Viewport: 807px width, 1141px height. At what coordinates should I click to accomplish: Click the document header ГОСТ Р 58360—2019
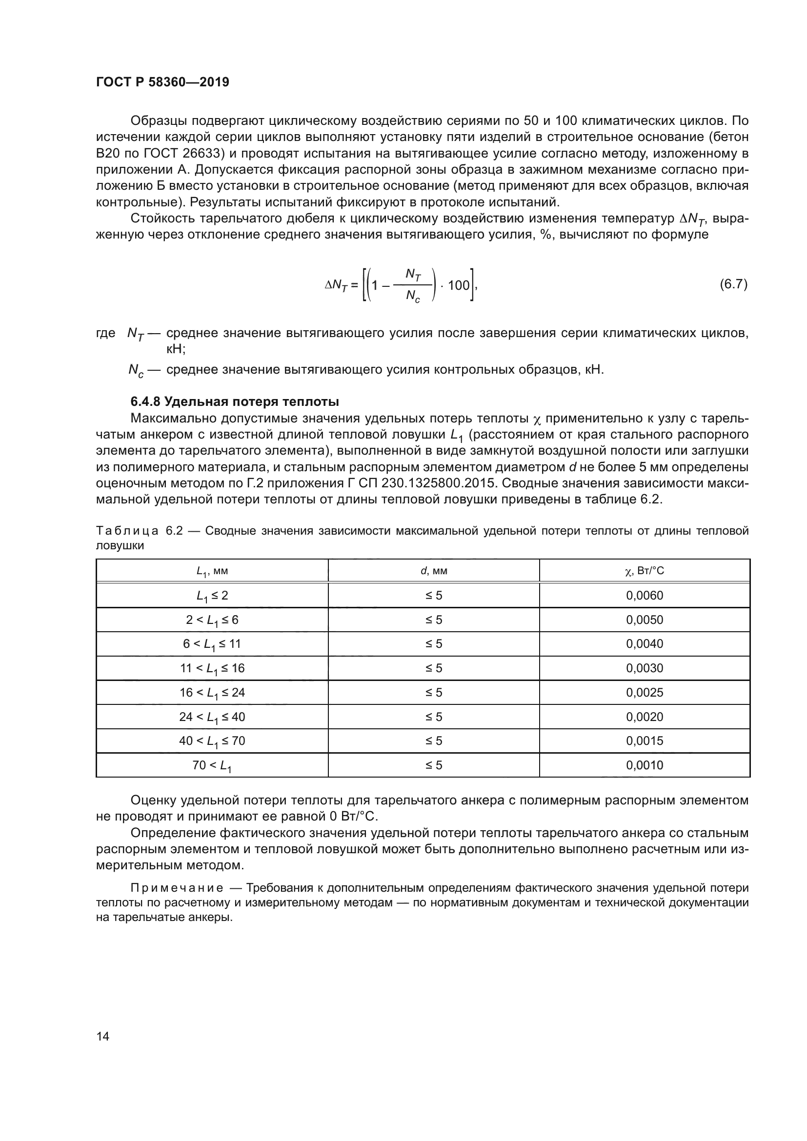(x=162, y=82)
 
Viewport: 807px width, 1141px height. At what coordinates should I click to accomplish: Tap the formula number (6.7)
(x=733, y=284)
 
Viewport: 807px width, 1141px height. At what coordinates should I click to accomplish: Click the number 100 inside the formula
(x=458, y=286)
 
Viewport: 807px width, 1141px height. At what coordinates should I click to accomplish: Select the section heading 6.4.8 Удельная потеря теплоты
(x=235, y=401)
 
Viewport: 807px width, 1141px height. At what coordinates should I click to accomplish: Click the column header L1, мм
(x=212, y=571)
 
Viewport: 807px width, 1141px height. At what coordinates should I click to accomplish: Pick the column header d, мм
(x=434, y=571)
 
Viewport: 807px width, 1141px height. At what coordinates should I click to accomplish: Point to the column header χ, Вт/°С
(x=645, y=571)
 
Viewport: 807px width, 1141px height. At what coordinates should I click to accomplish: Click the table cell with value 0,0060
(x=645, y=595)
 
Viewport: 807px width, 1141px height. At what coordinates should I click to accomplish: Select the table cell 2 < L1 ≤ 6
(x=212, y=620)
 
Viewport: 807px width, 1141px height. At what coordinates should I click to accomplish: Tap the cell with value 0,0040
(x=645, y=643)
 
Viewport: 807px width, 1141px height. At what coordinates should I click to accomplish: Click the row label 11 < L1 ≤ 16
(x=212, y=668)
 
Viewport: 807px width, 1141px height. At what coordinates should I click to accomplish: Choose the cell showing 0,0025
(x=645, y=692)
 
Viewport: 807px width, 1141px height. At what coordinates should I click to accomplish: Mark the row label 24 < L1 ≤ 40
(x=212, y=717)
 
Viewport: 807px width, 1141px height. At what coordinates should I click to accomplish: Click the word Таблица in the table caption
(x=127, y=531)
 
